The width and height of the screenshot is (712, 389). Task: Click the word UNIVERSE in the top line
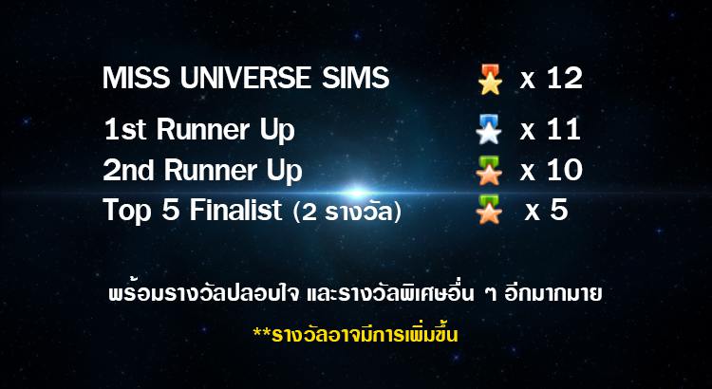pyautogui.click(x=246, y=78)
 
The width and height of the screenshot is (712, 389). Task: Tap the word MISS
pyautogui.click(x=136, y=78)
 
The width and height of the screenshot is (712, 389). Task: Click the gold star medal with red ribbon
pyautogui.click(x=490, y=80)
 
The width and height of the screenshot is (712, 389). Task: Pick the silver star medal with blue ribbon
pyautogui.click(x=489, y=129)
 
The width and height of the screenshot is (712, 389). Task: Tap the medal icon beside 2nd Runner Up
pyautogui.click(x=489, y=171)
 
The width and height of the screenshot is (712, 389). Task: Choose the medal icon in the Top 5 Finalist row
pyautogui.click(x=489, y=210)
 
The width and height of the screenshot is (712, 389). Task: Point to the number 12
pyautogui.click(x=565, y=78)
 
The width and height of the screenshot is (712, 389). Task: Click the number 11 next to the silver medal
pyautogui.click(x=564, y=129)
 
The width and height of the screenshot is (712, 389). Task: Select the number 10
pyautogui.click(x=565, y=171)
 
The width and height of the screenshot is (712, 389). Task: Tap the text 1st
pyautogui.click(x=125, y=129)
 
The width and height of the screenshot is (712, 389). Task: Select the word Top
pyautogui.click(x=126, y=212)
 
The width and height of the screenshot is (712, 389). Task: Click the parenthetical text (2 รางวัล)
pyautogui.click(x=347, y=212)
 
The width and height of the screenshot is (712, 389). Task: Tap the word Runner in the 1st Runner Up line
pyautogui.click(x=203, y=129)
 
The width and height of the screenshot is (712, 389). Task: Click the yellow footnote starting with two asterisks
pyautogui.click(x=356, y=335)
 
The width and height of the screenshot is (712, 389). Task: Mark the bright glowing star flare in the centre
pyautogui.click(x=356, y=193)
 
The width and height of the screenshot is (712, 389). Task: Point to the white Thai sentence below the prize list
pyautogui.click(x=356, y=294)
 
